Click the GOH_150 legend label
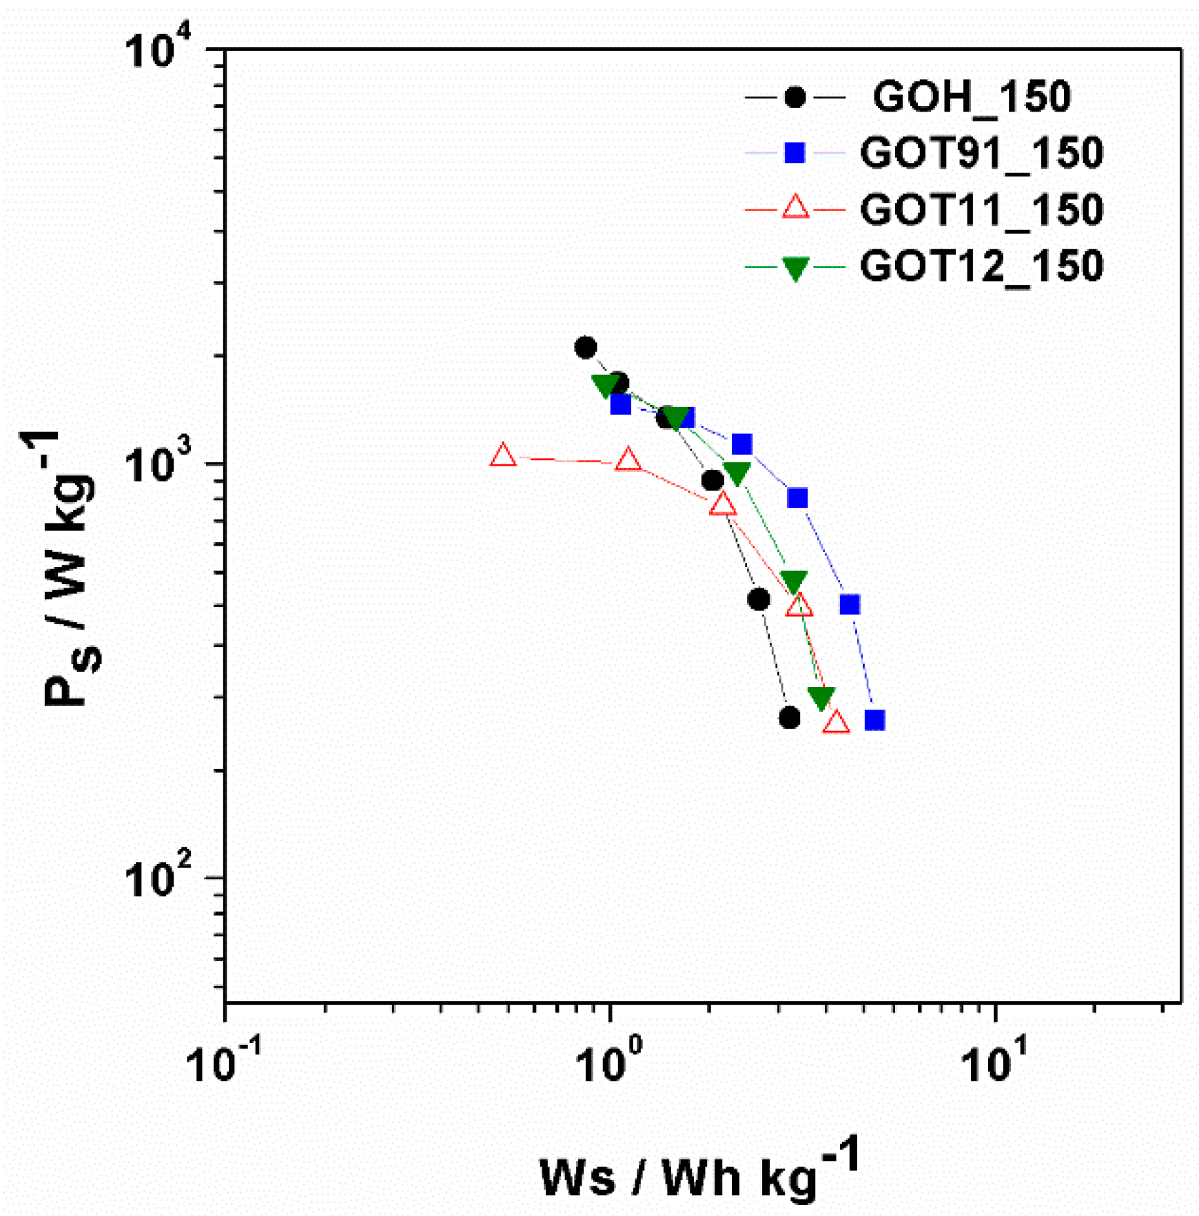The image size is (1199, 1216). tap(972, 97)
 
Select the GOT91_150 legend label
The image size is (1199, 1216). tap(981, 153)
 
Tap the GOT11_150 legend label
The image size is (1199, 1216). tap(981, 209)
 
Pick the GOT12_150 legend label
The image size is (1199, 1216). tap(981, 266)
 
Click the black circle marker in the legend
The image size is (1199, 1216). tap(795, 97)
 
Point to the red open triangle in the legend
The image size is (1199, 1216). tap(796, 207)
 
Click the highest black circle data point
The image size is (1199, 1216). tap(586, 348)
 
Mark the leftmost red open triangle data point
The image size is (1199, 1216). tap(503, 455)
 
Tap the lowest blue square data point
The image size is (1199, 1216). tap(874, 721)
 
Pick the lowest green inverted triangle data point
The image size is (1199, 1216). tap(821, 698)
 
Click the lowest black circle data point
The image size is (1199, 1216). tap(790, 718)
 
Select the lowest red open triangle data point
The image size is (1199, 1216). tap(836, 722)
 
